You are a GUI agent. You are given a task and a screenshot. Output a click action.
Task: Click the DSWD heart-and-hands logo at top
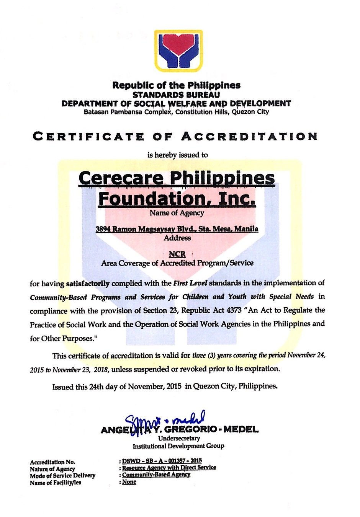[x=178, y=51]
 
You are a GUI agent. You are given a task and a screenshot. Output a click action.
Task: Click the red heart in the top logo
[x=178, y=44]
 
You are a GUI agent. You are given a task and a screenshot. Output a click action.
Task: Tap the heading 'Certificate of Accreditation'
[x=175, y=136]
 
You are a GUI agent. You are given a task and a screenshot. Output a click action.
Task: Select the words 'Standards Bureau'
[x=176, y=95]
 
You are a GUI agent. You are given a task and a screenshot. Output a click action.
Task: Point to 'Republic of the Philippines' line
[x=176, y=85]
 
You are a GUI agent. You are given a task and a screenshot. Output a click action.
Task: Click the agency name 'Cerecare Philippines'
[x=177, y=178]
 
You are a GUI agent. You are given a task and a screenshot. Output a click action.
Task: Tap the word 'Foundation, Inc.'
[x=177, y=198]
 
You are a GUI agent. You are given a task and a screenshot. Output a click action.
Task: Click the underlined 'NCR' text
[x=177, y=254]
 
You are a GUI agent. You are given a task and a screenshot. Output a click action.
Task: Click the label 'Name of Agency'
[x=177, y=213]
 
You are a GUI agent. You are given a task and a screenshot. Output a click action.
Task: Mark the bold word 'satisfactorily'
[x=88, y=284]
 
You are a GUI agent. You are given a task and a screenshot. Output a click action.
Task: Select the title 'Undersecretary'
[x=179, y=438]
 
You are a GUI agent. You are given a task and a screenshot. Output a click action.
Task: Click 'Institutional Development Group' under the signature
[x=178, y=446]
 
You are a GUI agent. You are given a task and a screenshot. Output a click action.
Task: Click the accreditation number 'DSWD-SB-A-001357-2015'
[x=162, y=461]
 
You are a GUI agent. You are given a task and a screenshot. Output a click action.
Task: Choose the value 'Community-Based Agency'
[x=156, y=475]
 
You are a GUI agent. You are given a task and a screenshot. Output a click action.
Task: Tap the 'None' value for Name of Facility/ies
[x=129, y=482]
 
